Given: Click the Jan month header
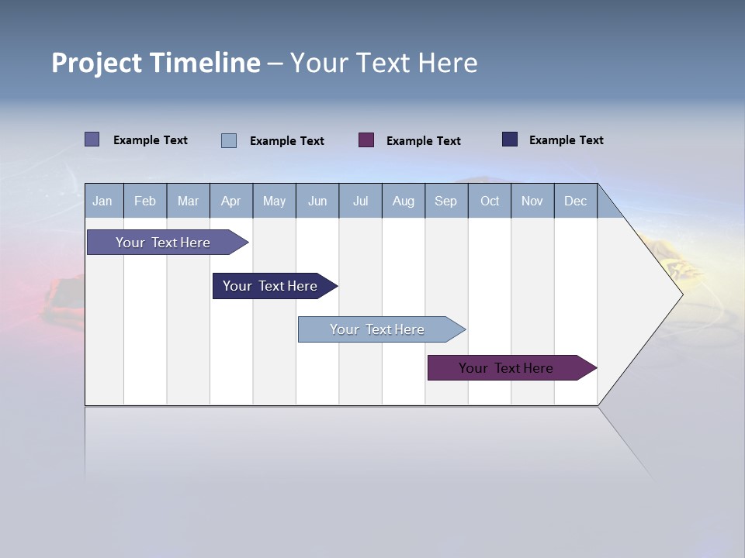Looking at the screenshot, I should point(102,201).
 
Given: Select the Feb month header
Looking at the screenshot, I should point(145,201).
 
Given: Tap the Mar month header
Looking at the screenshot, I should point(188,201).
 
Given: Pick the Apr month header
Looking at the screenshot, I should point(230,201).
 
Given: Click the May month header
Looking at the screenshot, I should point(274,201).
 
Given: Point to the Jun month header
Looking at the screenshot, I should point(317,201).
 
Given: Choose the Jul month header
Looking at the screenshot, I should point(360,201).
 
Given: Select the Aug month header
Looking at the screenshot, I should point(404,201).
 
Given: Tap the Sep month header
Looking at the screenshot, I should point(446,201).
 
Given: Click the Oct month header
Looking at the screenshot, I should point(490,201).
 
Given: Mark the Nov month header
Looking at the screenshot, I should point(532,201).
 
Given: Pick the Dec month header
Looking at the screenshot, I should point(575,201).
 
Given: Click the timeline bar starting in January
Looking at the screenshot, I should point(163,243).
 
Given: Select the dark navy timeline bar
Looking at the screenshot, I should point(270,286).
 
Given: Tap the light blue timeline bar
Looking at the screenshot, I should point(377,329).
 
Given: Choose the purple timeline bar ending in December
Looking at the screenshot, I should point(506,368).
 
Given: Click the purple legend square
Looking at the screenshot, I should point(366,140).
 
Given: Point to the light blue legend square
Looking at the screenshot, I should point(229,140).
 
